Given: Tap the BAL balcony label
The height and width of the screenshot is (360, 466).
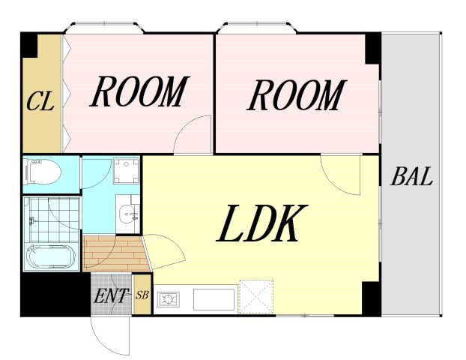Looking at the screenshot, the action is click(411, 176).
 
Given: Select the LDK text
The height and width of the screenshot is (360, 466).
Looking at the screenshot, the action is click(261, 223).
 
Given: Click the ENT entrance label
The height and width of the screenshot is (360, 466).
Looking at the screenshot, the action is click(112, 295).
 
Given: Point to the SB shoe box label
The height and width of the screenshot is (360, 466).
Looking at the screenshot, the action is click(142, 295).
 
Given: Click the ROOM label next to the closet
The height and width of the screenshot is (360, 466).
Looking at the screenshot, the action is click(139, 91).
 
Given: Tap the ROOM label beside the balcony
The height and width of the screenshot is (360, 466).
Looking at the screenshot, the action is click(297, 95).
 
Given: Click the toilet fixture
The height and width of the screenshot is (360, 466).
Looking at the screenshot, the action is click(43, 172).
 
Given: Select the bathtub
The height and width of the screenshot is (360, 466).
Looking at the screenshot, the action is click(51, 257).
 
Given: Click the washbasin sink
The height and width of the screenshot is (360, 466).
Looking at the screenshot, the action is click(128, 214).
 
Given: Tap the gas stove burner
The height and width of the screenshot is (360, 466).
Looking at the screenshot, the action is click(169, 299).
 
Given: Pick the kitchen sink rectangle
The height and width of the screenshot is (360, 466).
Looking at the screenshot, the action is click(214, 299).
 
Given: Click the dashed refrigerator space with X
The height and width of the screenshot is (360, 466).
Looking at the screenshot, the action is click(256, 296).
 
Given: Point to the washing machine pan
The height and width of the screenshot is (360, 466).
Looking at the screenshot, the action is click(127, 171).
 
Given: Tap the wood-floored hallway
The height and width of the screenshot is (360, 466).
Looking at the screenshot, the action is click(115, 253).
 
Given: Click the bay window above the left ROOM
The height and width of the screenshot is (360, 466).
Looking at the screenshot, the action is click(105, 27).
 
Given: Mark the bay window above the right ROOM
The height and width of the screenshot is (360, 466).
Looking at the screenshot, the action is click(257, 27).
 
